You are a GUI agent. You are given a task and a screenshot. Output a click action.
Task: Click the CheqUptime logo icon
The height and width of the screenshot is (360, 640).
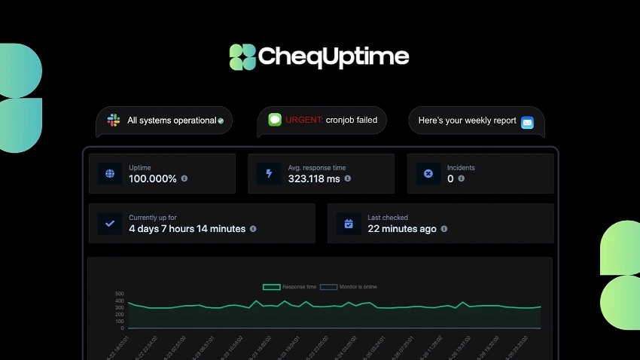coord(242,57)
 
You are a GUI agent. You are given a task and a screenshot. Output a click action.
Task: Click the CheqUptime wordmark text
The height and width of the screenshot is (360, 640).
coord(334,56)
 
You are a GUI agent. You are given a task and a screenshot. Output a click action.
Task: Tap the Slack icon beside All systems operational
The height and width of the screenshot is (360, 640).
coord(114,120)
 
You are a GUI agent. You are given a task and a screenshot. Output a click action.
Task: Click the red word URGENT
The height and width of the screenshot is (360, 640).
coord(304,119)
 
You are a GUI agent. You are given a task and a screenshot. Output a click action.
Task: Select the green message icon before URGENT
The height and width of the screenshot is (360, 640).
coord(275,119)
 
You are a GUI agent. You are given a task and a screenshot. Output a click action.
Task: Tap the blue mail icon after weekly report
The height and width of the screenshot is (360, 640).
coord(527,122)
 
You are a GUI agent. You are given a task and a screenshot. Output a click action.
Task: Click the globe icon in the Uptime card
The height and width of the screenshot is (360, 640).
coord(110,174)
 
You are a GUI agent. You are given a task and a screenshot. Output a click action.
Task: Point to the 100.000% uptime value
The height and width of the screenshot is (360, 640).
coord(153,179)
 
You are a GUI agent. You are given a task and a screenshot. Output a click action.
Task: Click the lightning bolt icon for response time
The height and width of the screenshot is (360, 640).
coord(269,174)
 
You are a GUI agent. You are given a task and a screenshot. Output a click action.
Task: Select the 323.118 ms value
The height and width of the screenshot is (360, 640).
coord(314,179)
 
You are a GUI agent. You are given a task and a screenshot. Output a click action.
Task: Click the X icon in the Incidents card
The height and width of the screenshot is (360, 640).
coord(428,174)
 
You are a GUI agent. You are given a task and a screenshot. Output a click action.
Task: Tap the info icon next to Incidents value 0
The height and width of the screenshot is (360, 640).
coord(462,179)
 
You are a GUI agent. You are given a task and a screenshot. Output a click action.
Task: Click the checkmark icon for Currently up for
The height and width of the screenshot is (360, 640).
coord(110,224)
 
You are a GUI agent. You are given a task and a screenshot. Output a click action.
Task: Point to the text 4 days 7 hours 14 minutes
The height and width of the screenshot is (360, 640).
coord(187,229)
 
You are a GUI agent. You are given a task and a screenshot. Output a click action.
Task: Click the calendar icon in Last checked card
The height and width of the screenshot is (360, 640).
coord(349,224)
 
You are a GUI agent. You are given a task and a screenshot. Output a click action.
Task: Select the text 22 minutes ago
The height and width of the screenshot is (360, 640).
coord(401,229)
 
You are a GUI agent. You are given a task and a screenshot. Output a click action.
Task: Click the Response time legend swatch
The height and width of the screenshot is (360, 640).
coord(271,287)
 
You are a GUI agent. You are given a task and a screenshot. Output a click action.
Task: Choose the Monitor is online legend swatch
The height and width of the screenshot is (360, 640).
coord(328,287)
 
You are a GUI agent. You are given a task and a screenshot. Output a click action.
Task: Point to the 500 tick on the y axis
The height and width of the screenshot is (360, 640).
coord(119,294)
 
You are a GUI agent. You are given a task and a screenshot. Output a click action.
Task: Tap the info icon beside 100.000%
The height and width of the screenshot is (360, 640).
coord(184,179)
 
